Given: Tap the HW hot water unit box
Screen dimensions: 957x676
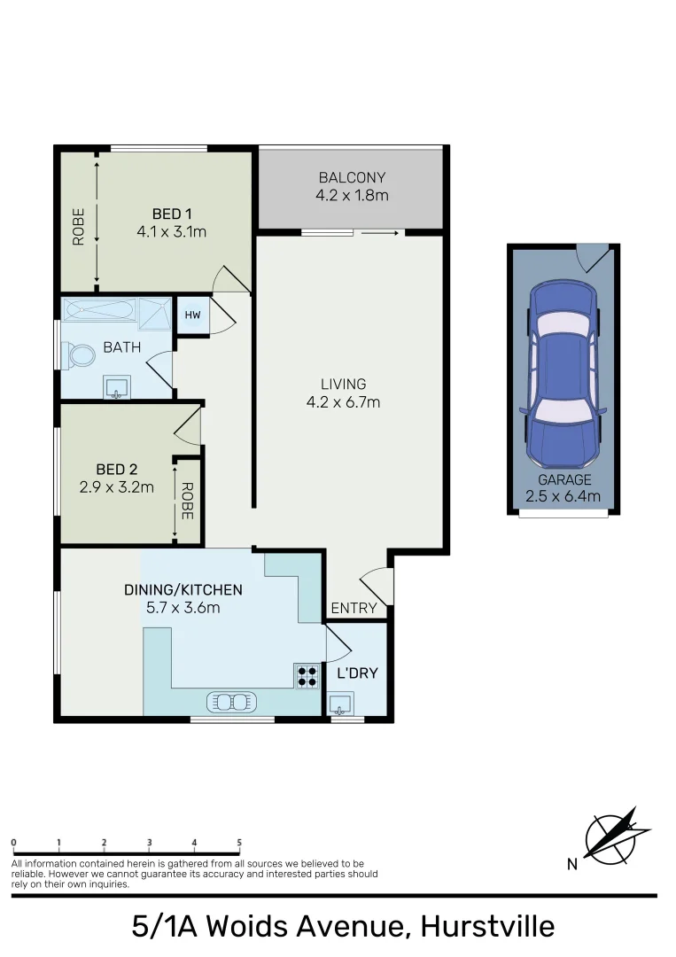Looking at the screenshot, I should [192, 315].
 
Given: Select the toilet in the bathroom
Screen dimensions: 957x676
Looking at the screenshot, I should [80, 356].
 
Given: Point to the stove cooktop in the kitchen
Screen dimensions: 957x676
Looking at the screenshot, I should [307, 676].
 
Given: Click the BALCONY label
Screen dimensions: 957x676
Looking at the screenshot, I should [352, 178].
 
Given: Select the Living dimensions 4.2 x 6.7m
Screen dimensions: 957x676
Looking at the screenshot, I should [343, 401].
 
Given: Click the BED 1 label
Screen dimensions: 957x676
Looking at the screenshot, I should [172, 214].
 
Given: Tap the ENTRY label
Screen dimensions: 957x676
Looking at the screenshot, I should [354, 609].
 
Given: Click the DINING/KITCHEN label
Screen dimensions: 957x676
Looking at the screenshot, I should [183, 589].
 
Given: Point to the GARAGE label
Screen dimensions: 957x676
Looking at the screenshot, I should [563, 479].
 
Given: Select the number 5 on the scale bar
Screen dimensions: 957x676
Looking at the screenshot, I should [239, 842].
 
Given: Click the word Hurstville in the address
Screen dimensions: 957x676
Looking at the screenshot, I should [487, 926].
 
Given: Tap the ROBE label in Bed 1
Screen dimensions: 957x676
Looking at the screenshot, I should [78, 226].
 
